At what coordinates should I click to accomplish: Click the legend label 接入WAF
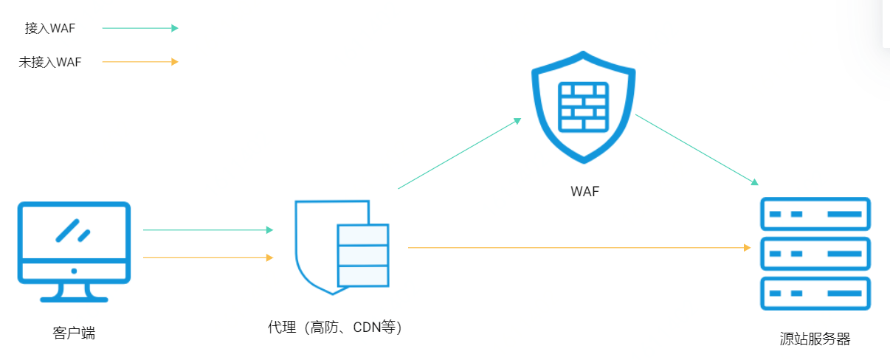pyautogui.click(x=50, y=28)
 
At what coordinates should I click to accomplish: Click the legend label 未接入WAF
pyautogui.click(x=50, y=62)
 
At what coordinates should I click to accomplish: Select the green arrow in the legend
pyautogui.click(x=140, y=28)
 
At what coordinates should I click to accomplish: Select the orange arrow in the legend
pyautogui.click(x=140, y=62)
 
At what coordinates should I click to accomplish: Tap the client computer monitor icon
pyautogui.click(x=74, y=251)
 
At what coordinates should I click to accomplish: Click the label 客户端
pyautogui.click(x=74, y=333)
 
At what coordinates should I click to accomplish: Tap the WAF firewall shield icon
pyautogui.click(x=584, y=107)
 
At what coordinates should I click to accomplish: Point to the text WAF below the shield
pyautogui.click(x=584, y=192)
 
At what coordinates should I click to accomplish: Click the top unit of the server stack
pyautogui.click(x=815, y=214)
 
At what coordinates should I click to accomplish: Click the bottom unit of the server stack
pyautogui.click(x=815, y=294)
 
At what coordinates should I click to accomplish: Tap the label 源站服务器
pyautogui.click(x=815, y=339)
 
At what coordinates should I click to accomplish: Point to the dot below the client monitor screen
pyautogui.click(x=74, y=271)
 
